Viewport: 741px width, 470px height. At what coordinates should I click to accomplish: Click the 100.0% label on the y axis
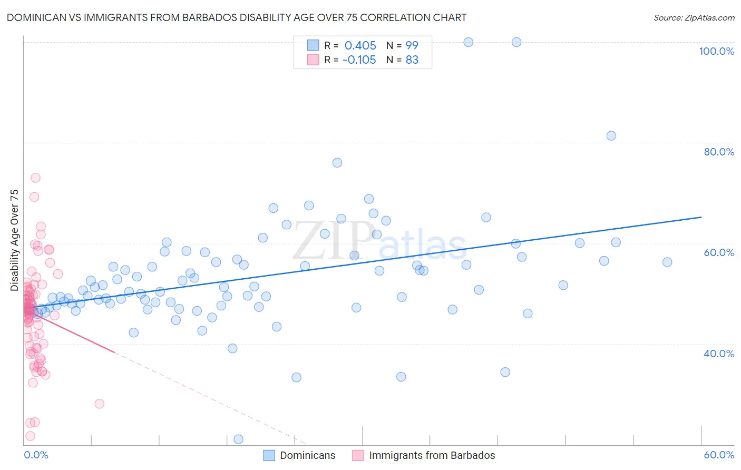(716, 51)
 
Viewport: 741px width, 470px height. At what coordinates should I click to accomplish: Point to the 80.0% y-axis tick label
(719, 152)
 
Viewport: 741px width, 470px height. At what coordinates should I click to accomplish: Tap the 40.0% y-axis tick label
(719, 353)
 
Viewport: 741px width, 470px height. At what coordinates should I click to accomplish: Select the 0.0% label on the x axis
(36, 455)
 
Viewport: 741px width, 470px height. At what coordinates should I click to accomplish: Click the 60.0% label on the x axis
(719, 455)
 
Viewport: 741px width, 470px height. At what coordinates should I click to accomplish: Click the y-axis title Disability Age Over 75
(14, 240)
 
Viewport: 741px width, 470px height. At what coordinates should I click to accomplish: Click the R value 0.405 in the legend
(360, 45)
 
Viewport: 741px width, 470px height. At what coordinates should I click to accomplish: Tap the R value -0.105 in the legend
(359, 60)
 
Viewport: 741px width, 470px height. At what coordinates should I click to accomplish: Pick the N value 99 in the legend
(412, 45)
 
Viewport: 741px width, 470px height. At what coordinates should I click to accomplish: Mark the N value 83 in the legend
(412, 60)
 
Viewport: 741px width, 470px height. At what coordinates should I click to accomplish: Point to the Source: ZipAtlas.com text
(694, 17)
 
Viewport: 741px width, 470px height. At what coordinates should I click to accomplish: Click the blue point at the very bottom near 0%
(238, 439)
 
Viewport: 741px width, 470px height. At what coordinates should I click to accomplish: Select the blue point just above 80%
(611, 135)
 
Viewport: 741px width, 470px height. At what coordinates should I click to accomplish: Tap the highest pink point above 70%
(35, 178)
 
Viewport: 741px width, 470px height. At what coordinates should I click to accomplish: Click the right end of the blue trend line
(701, 217)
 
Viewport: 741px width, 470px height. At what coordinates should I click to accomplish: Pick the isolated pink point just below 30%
(99, 404)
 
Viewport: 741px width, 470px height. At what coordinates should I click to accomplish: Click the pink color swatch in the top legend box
(313, 60)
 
